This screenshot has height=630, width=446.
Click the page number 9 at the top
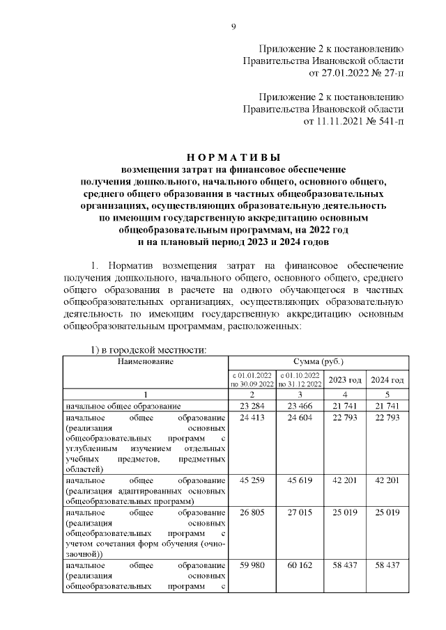pos(233,26)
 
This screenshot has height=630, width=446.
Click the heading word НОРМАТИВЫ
pos(233,157)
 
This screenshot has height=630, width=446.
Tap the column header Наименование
pos(145,361)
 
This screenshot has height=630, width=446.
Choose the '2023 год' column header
pos(344,380)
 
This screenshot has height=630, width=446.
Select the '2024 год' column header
pos(387,380)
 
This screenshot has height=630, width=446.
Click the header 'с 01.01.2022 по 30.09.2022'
pos(252,380)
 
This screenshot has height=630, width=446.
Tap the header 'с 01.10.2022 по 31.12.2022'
pos(299,380)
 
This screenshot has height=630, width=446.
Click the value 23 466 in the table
pos(299,405)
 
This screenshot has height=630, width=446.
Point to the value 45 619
pos(299,480)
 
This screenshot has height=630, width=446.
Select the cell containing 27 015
pos(299,512)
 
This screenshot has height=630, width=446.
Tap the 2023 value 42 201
pos(344,480)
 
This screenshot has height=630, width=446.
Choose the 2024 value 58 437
pos(387,565)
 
